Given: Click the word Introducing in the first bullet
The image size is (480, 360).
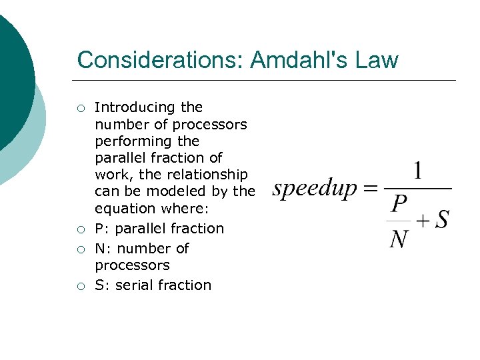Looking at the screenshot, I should pyautogui.click(x=135, y=107).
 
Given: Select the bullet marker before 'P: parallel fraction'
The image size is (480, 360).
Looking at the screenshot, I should pyautogui.click(x=81, y=229).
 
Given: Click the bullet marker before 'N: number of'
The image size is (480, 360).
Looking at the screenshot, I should pyautogui.click(x=81, y=249).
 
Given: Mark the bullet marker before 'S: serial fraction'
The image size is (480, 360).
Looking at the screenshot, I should pyautogui.click(x=81, y=286).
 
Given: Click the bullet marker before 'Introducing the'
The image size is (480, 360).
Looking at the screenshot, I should pyautogui.click(x=81, y=108).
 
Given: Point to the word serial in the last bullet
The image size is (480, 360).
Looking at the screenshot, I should pyautogui.click(x=132, y=285).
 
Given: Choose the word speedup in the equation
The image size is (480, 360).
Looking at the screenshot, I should pyautogui.click(x=315, y=189).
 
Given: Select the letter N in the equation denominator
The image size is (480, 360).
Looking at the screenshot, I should pyautogui.click(x=399, y=237).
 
